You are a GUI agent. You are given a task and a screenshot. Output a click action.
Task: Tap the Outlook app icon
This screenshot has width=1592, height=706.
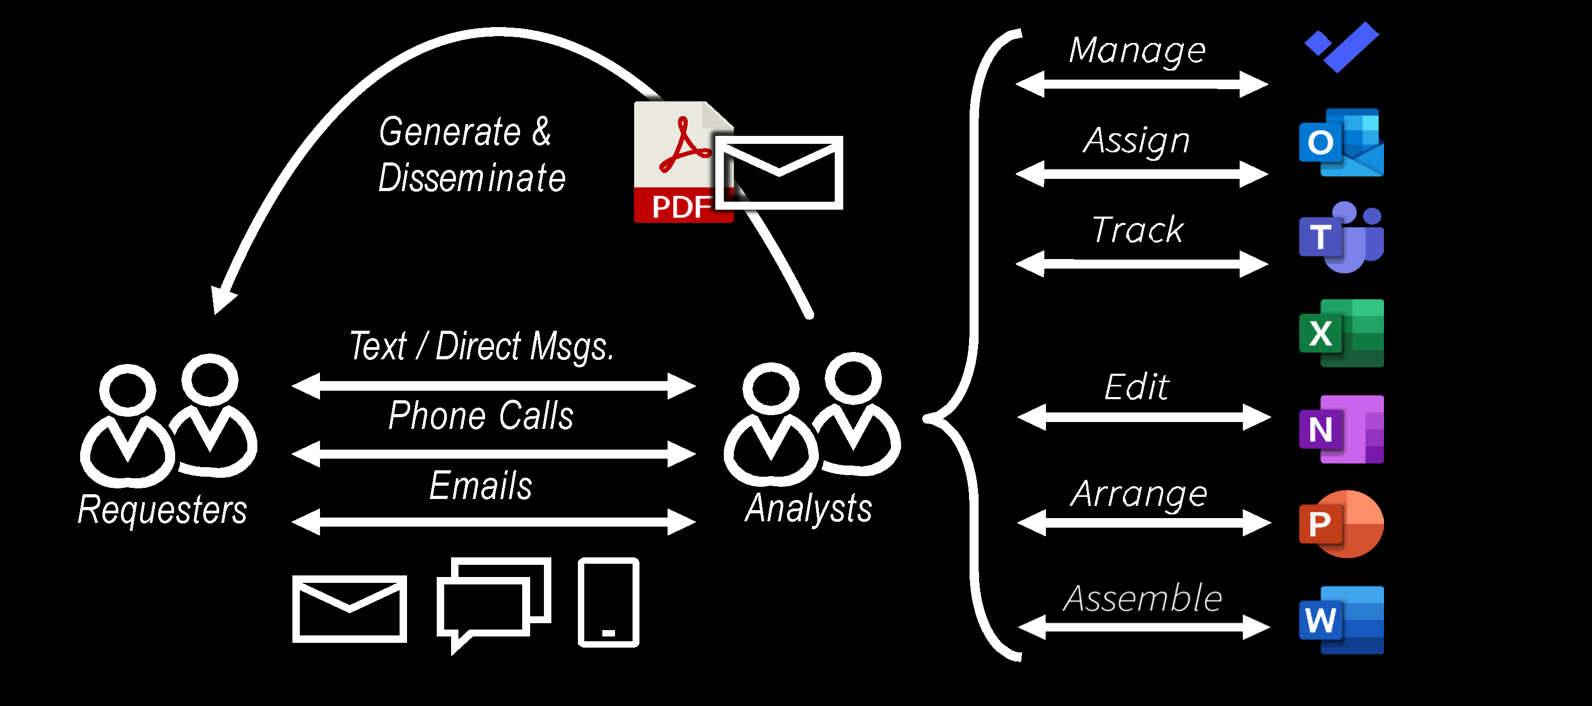[1341, 142]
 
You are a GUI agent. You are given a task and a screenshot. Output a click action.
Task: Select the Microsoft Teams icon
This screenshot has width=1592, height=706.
[1341, 237]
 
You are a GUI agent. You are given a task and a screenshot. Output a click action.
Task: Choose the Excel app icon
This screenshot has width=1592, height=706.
[1341, 333]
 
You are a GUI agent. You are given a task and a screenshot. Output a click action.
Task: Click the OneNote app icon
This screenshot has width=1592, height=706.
[1341, 429]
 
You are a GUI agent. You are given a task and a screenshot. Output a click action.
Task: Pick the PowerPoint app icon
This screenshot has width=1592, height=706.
[1341, 524]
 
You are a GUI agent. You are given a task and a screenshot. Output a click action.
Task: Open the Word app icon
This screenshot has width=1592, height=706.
[1341, 620]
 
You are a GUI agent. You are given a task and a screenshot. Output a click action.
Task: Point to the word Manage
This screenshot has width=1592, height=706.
[1137, 50]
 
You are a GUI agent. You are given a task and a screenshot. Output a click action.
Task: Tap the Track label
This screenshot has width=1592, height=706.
[1137, 230]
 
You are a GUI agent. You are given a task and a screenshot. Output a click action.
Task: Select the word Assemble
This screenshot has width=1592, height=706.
[1142, 598]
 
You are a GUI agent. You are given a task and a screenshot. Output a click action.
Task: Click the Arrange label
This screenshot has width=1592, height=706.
[1139, 495]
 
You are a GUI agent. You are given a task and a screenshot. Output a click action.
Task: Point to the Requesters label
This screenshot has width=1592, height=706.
[162, 511]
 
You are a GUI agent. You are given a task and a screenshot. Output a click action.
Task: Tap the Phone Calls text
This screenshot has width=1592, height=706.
[481, 416]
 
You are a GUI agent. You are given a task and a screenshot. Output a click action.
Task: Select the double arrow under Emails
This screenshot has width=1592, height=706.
[493, 522]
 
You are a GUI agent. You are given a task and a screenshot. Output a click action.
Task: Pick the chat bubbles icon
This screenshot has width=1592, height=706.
[493, 603]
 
